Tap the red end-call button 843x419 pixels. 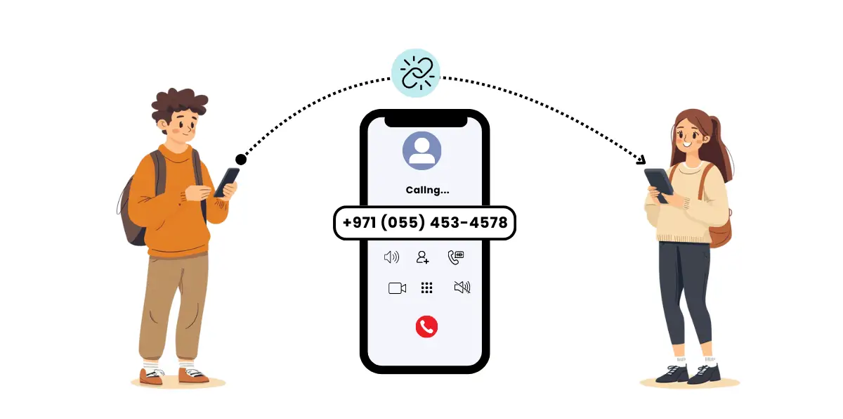(426, 326)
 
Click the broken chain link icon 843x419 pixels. (416, 73)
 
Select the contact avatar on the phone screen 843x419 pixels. (422, 150)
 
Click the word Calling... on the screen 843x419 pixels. (428, 190)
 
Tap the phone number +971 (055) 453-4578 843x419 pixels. (425, 222)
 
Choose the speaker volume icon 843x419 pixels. (391, 257)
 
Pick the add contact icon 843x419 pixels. (423, 257)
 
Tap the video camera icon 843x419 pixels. (397, 288)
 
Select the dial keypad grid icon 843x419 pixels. (427, 288)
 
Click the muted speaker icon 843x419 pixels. (462, 288)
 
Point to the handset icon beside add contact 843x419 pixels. (456, 257)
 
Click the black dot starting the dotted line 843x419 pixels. (241, 160)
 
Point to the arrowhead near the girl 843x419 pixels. (641, 160)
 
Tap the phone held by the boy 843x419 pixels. (227, 182)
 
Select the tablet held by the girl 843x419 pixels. (659, 185)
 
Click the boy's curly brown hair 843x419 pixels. (180, 105)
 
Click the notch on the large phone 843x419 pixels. (426, 122)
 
